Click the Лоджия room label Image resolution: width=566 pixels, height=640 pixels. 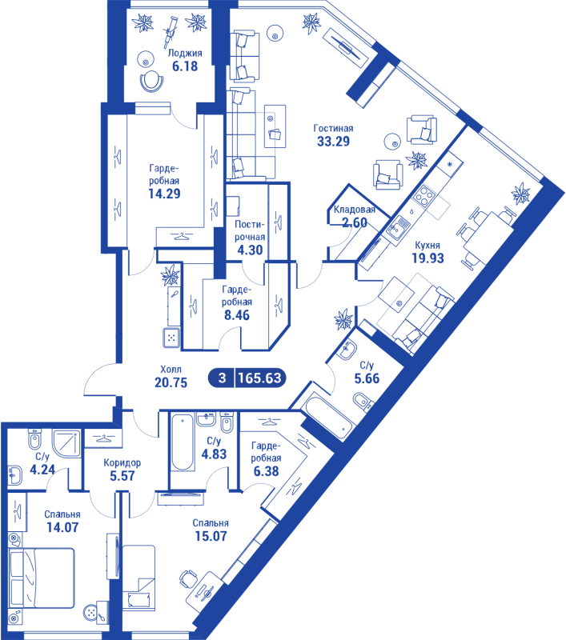click(185, 54)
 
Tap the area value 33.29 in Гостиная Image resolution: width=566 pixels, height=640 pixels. click(334, 142)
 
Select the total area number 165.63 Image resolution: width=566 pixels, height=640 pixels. click(259, 378)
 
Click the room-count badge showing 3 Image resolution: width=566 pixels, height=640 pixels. click(222, 378)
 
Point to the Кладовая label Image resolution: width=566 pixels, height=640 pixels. click(355, 210)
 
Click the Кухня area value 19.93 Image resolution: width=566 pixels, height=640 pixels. click(428, 258)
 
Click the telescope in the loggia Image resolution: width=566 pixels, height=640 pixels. click(170, 30)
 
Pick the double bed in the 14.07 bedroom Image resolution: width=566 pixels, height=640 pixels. click(42, 578)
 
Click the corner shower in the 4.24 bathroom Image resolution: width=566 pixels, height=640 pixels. click(66, 443)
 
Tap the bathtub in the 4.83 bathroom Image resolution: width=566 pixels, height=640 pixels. click(183, 442)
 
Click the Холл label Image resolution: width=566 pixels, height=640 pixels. click(171, 370)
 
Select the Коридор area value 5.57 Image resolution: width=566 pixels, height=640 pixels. click(122, 475)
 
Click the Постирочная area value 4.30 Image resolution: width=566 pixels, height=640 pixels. click(250, 250)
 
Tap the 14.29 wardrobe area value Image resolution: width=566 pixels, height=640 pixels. click(164, 193)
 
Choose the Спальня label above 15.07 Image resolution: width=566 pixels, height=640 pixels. click(211, 523)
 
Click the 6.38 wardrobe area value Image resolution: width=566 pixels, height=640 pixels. click(267, 471)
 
